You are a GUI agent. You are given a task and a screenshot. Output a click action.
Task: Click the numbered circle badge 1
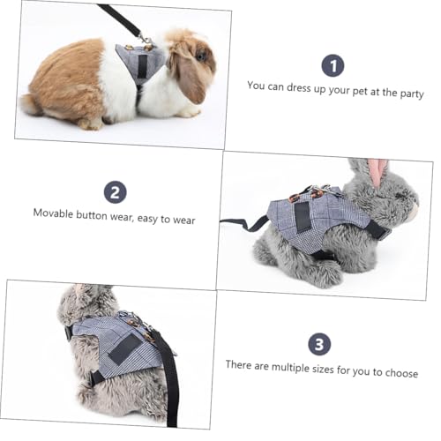[x=333, y=65]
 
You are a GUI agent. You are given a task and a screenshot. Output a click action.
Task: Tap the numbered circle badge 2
[x=115, y=193]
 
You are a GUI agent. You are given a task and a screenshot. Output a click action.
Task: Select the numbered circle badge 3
[x=320, y=344]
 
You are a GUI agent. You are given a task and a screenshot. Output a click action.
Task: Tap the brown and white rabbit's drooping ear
[x=189, y=78]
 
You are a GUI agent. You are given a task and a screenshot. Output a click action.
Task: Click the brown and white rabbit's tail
[x=32, y=104]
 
